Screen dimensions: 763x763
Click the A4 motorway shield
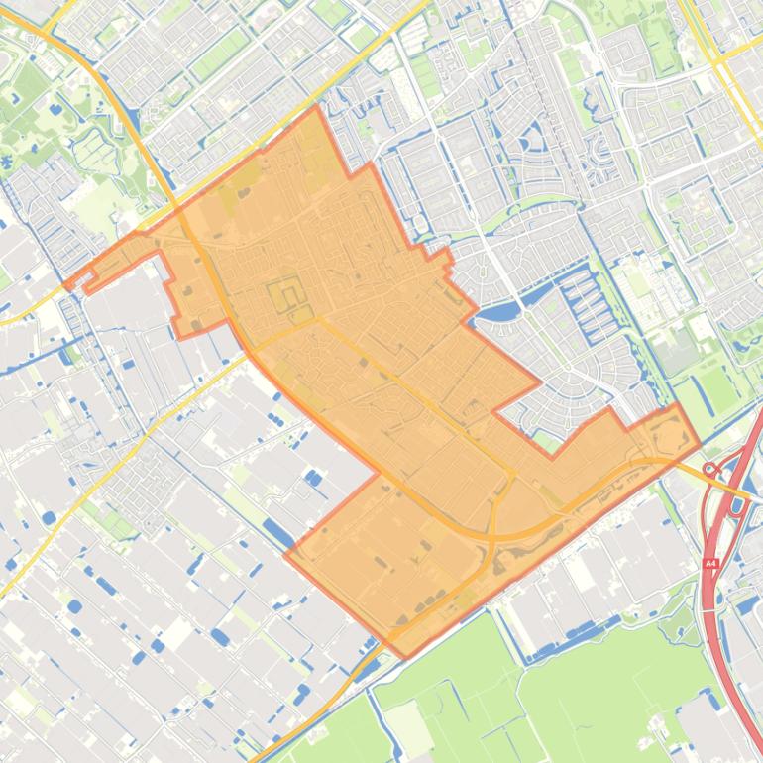click(709, 563)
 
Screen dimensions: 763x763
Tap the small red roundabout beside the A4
click(709, 468)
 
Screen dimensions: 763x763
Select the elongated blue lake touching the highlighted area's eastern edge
click(498, 314)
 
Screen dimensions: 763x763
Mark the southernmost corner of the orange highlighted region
click(404, 657)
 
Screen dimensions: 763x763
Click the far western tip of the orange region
click(65, 286)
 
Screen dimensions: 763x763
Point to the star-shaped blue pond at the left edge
click(13, 159)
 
